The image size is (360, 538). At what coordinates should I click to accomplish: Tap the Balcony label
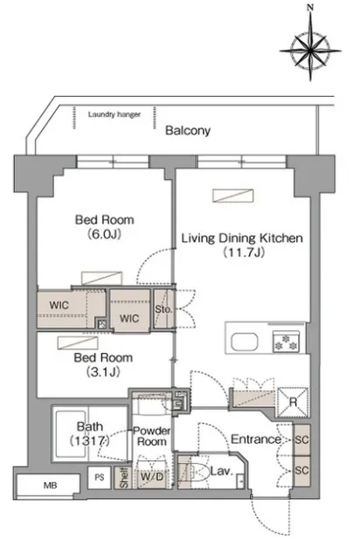tap(188, 130)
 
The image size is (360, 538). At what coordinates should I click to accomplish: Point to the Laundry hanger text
tap(114, 114)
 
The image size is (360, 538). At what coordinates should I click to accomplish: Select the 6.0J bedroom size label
tap(105, 234)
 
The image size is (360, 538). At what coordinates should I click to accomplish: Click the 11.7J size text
tap(243, 252)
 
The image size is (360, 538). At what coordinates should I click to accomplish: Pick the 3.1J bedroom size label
tap(103, 371)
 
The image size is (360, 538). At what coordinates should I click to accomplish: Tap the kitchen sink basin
tap(245, 341)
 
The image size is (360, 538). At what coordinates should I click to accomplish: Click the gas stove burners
tap(286, 341)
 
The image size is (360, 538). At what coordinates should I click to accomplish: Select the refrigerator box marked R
tap(293, 402)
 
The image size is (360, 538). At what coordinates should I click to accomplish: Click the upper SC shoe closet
tap(301, 440)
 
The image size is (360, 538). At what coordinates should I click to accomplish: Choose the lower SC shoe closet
tap(301, 471)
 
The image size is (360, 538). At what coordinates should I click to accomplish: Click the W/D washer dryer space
tap(152, 477)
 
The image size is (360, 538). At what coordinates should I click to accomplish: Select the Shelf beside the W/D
tap(123, 478)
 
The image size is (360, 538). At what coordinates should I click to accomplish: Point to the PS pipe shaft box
tap(100, 477)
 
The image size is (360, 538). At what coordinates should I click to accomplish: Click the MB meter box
tap(49, 486)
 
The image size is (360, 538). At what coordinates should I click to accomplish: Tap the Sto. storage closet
tap(164, 309)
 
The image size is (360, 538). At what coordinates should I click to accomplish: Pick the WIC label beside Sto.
tap(129, 319)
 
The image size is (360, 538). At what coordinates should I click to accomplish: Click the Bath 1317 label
tap(90, 434)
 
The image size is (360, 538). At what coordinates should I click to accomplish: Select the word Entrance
tap(256, 439)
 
